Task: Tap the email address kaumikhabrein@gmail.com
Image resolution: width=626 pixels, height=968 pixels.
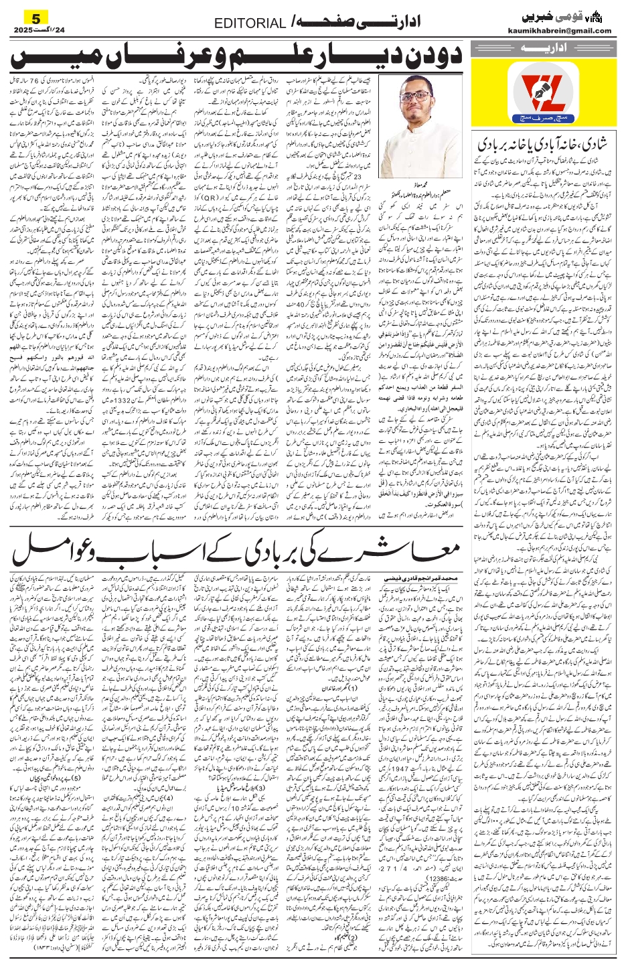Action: click(569, 30)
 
